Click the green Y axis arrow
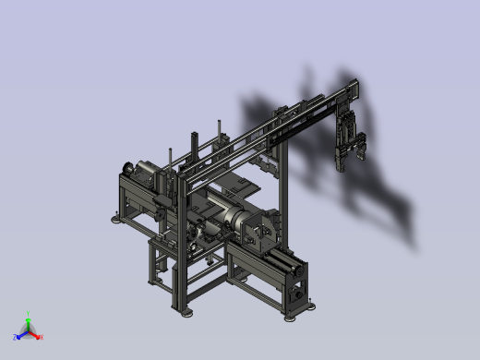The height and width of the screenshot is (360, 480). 28,324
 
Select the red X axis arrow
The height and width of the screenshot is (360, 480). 34,335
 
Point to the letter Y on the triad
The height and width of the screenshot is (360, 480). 28,315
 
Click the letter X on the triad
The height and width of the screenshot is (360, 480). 41,338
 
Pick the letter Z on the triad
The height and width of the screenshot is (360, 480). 15,339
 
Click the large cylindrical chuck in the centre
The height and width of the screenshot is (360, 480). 252,227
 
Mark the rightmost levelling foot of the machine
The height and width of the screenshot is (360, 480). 293,317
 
